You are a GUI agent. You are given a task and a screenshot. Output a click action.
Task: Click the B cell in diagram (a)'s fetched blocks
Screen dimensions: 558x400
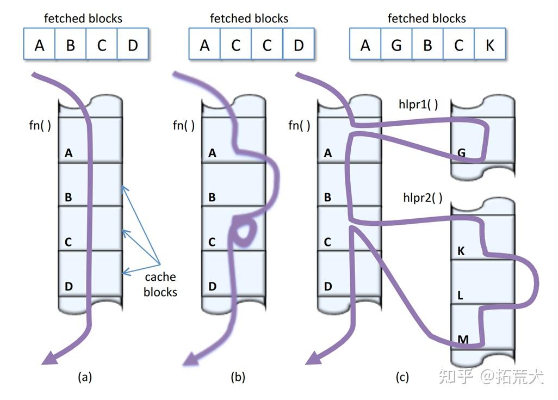[x=71, y=44]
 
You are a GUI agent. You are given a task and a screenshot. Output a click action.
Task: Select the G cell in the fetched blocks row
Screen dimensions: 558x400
[x=396, y=44]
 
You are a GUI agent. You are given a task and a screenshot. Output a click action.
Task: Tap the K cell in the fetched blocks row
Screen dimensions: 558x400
[x=489, y=44]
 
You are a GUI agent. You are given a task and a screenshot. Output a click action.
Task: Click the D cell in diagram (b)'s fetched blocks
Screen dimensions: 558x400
[x=299, y=44]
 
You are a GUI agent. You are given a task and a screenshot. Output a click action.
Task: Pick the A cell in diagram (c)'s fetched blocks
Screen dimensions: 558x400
[x=365, y=44]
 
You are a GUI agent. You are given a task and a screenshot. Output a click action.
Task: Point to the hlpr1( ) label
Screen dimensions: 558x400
[x=418, y=104]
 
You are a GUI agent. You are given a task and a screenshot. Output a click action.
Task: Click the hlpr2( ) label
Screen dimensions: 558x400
[x=423, y=198]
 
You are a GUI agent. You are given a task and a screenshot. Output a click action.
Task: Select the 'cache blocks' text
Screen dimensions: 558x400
[x=160, y=284]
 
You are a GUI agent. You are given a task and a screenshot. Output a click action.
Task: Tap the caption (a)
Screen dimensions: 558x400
[x=85, y=377]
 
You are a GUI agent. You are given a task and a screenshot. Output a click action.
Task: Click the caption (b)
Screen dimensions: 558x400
[x=238, y=377]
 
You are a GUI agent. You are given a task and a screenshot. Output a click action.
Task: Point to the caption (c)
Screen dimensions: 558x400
[x=402, y=377]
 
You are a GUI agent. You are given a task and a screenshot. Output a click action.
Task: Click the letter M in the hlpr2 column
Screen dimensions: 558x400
[x=463, y=340]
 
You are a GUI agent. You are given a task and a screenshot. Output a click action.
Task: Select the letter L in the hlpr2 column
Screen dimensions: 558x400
[x=460, y=296]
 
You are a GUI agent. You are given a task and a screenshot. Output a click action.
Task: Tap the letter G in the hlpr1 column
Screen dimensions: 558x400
[x=461, y=153]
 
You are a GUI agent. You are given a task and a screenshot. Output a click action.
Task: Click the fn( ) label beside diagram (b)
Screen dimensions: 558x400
[x=184, y=125]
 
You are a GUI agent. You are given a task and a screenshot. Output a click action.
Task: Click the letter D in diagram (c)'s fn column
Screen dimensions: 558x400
[x=328, y=286]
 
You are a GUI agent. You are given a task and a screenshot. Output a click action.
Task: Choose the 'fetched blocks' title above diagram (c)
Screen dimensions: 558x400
[x=427, y=18]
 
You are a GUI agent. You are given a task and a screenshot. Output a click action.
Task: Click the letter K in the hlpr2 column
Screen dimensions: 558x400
[x=461, y=251]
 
